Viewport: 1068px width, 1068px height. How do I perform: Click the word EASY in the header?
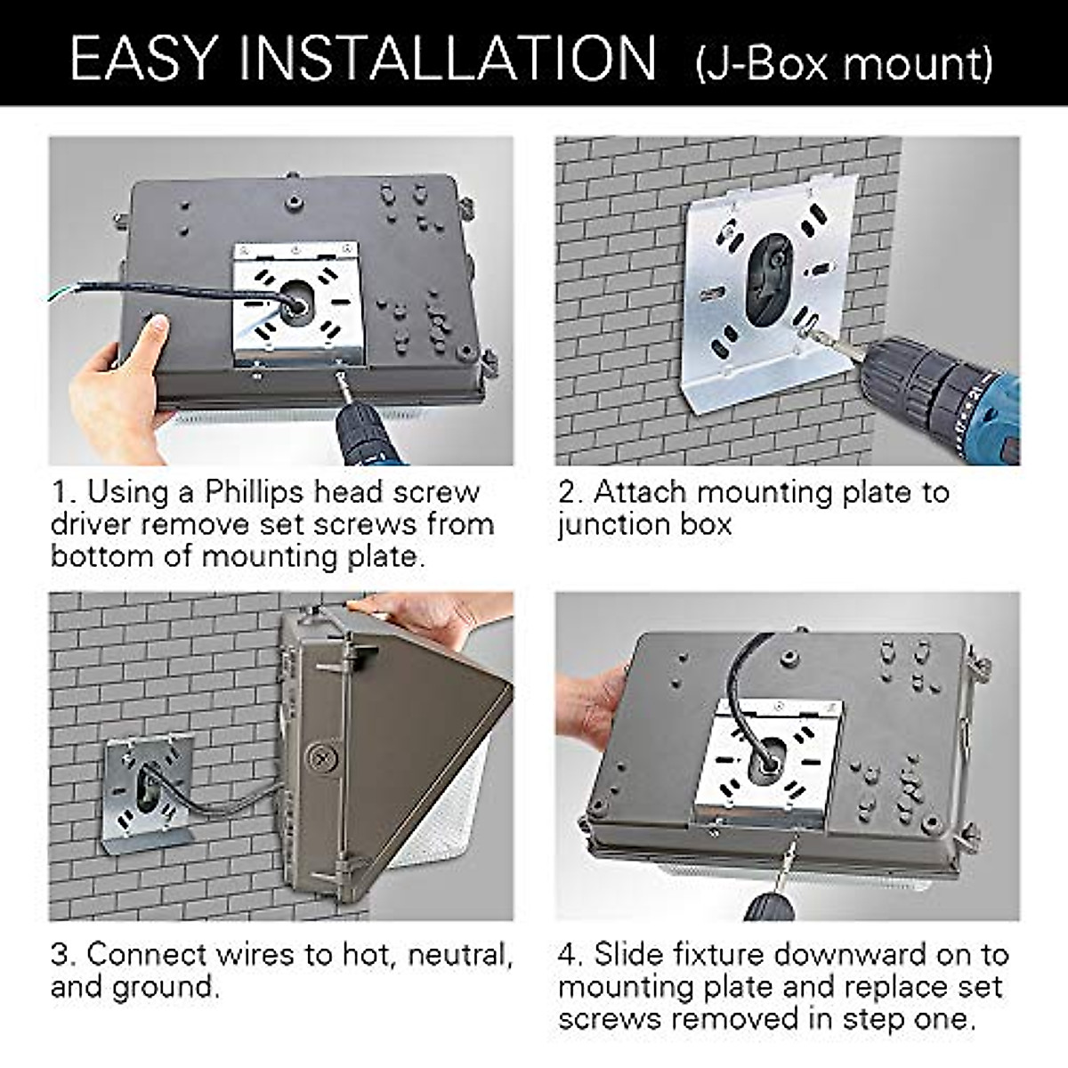click(142, 58)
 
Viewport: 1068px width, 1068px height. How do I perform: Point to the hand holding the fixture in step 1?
click(116, 383)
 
